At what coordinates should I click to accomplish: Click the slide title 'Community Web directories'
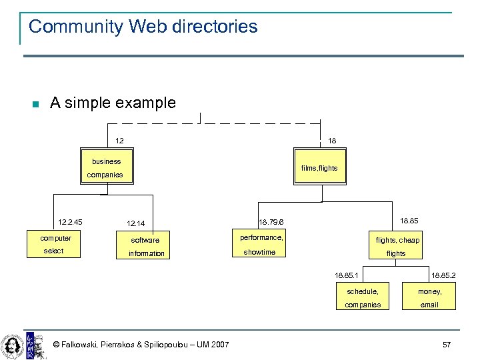pos(143,27)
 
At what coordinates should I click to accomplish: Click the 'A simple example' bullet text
pos(113,103)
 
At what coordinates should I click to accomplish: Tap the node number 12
pos(119,141)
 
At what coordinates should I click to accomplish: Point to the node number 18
pos(332,141)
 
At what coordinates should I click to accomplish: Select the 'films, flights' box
pos(319,168)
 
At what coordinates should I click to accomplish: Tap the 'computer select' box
pos(55,245)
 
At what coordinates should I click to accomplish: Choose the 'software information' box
pos(146,247)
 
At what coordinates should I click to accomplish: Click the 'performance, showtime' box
pos(261,245)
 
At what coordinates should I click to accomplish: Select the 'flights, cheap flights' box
pos(397,247)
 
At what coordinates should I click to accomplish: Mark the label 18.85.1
pos(347,274)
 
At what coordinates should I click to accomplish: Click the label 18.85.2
pos(443,274)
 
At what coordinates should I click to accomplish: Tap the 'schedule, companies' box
pos(363,298)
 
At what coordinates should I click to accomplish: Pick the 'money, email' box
pos(429,298)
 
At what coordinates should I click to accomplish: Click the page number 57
pos(446,344)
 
